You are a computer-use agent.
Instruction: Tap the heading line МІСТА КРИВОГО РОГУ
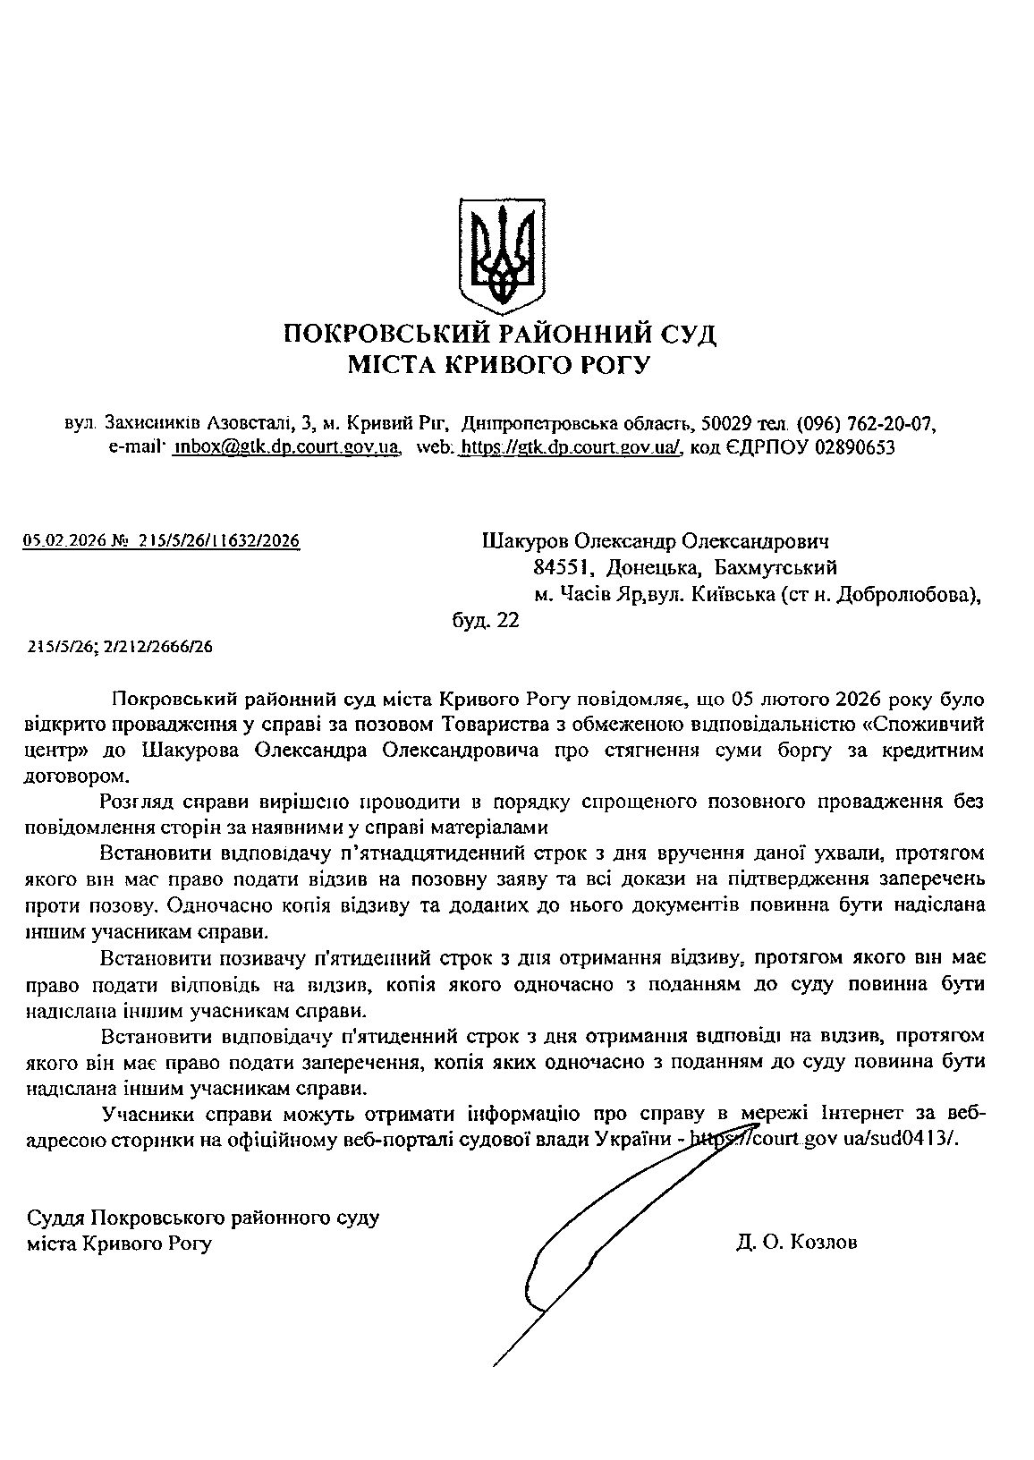(500, 365)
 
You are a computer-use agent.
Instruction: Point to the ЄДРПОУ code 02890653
(855, 446)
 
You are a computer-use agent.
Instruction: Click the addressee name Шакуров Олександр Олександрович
(656, 541)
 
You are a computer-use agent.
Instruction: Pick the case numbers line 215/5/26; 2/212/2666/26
(121, 647)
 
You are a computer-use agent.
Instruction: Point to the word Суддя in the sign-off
(58, 1218)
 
